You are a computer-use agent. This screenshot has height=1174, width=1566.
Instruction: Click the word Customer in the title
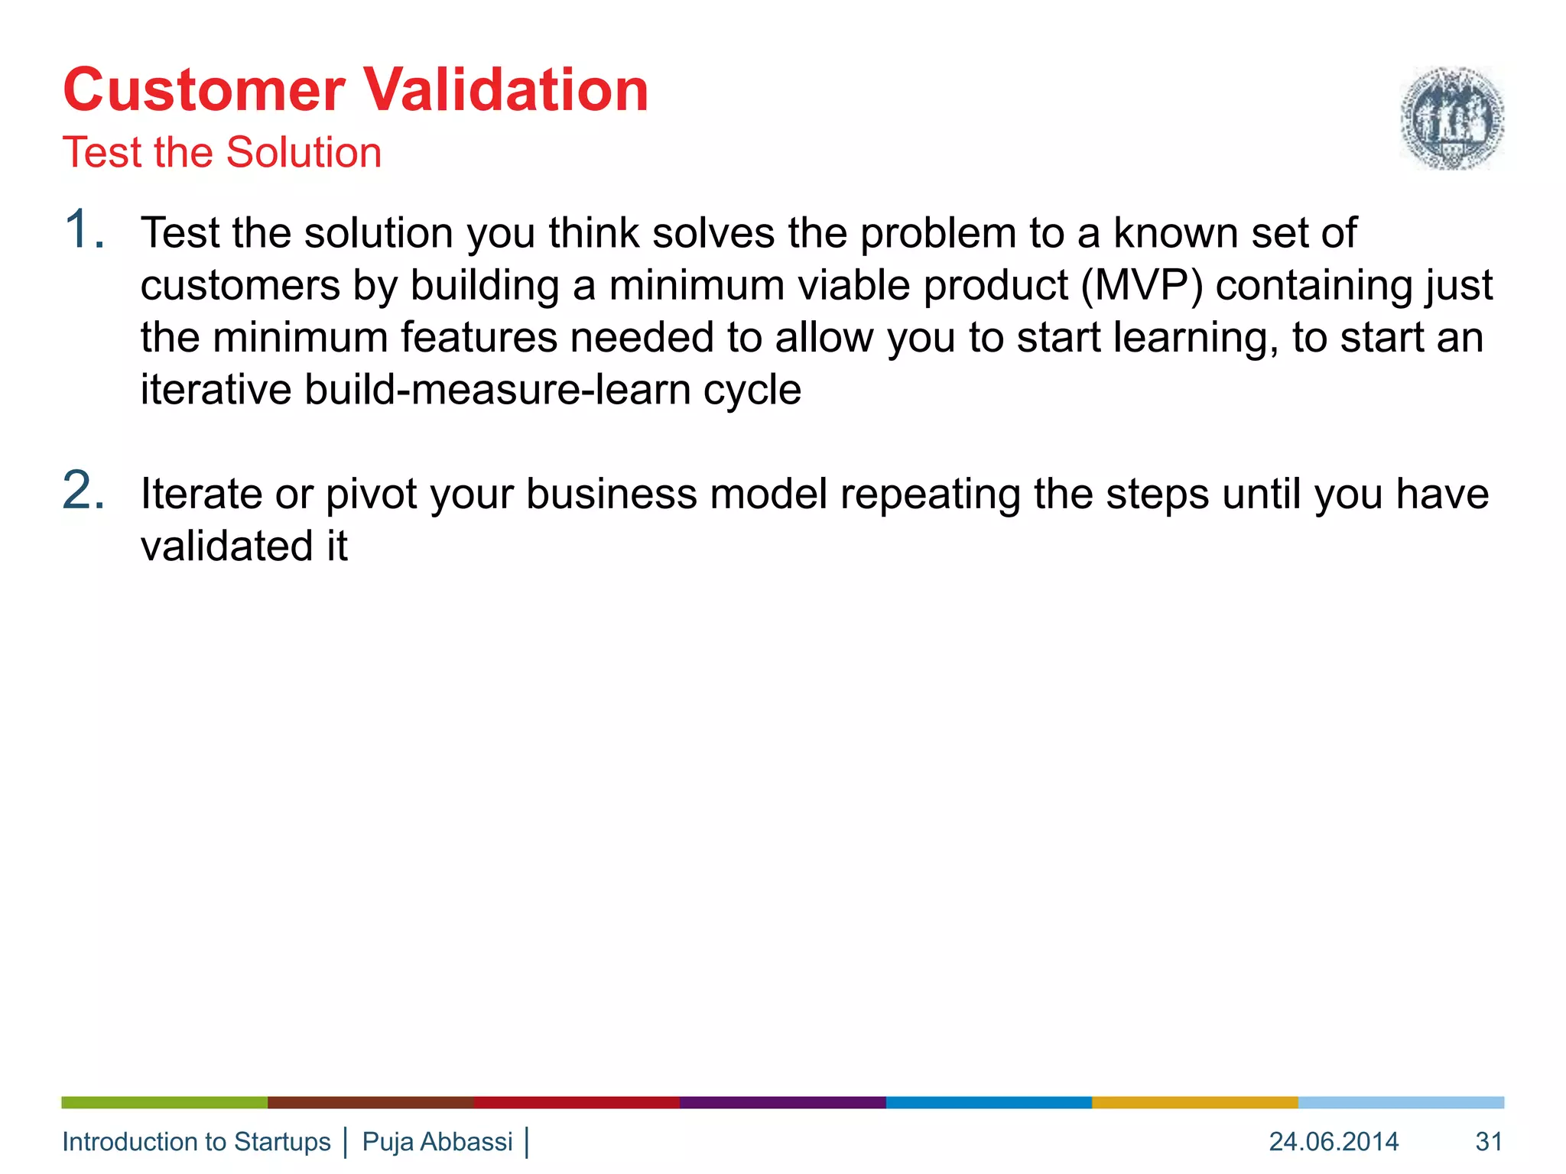[x=204, y=90]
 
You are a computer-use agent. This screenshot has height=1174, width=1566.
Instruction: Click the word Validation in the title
[x=505, y=90]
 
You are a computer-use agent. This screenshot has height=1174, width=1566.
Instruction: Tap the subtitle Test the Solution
[x=222, y=152]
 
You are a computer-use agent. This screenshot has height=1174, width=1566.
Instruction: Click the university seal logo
[x=1451, y=118]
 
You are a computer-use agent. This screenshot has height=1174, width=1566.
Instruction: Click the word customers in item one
[x=240, y=286]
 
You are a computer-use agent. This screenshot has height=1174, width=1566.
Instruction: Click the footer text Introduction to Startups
[x=197, y=1141]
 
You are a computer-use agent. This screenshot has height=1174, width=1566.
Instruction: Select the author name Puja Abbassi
[x=437, y=1141]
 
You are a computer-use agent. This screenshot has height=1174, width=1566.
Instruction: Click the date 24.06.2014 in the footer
[x=1334, y=1141]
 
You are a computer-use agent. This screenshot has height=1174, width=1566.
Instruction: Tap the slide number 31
[x=1489, y=1141]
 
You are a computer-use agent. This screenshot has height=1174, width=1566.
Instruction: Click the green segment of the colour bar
[x=164, y=1102]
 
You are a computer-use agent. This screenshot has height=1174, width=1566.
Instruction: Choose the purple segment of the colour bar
[x=782, y=1102]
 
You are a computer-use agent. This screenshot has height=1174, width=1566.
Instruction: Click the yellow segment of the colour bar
[x=1194, y=1102]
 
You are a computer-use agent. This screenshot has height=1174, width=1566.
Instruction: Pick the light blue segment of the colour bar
[x=1401, y=1102]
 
